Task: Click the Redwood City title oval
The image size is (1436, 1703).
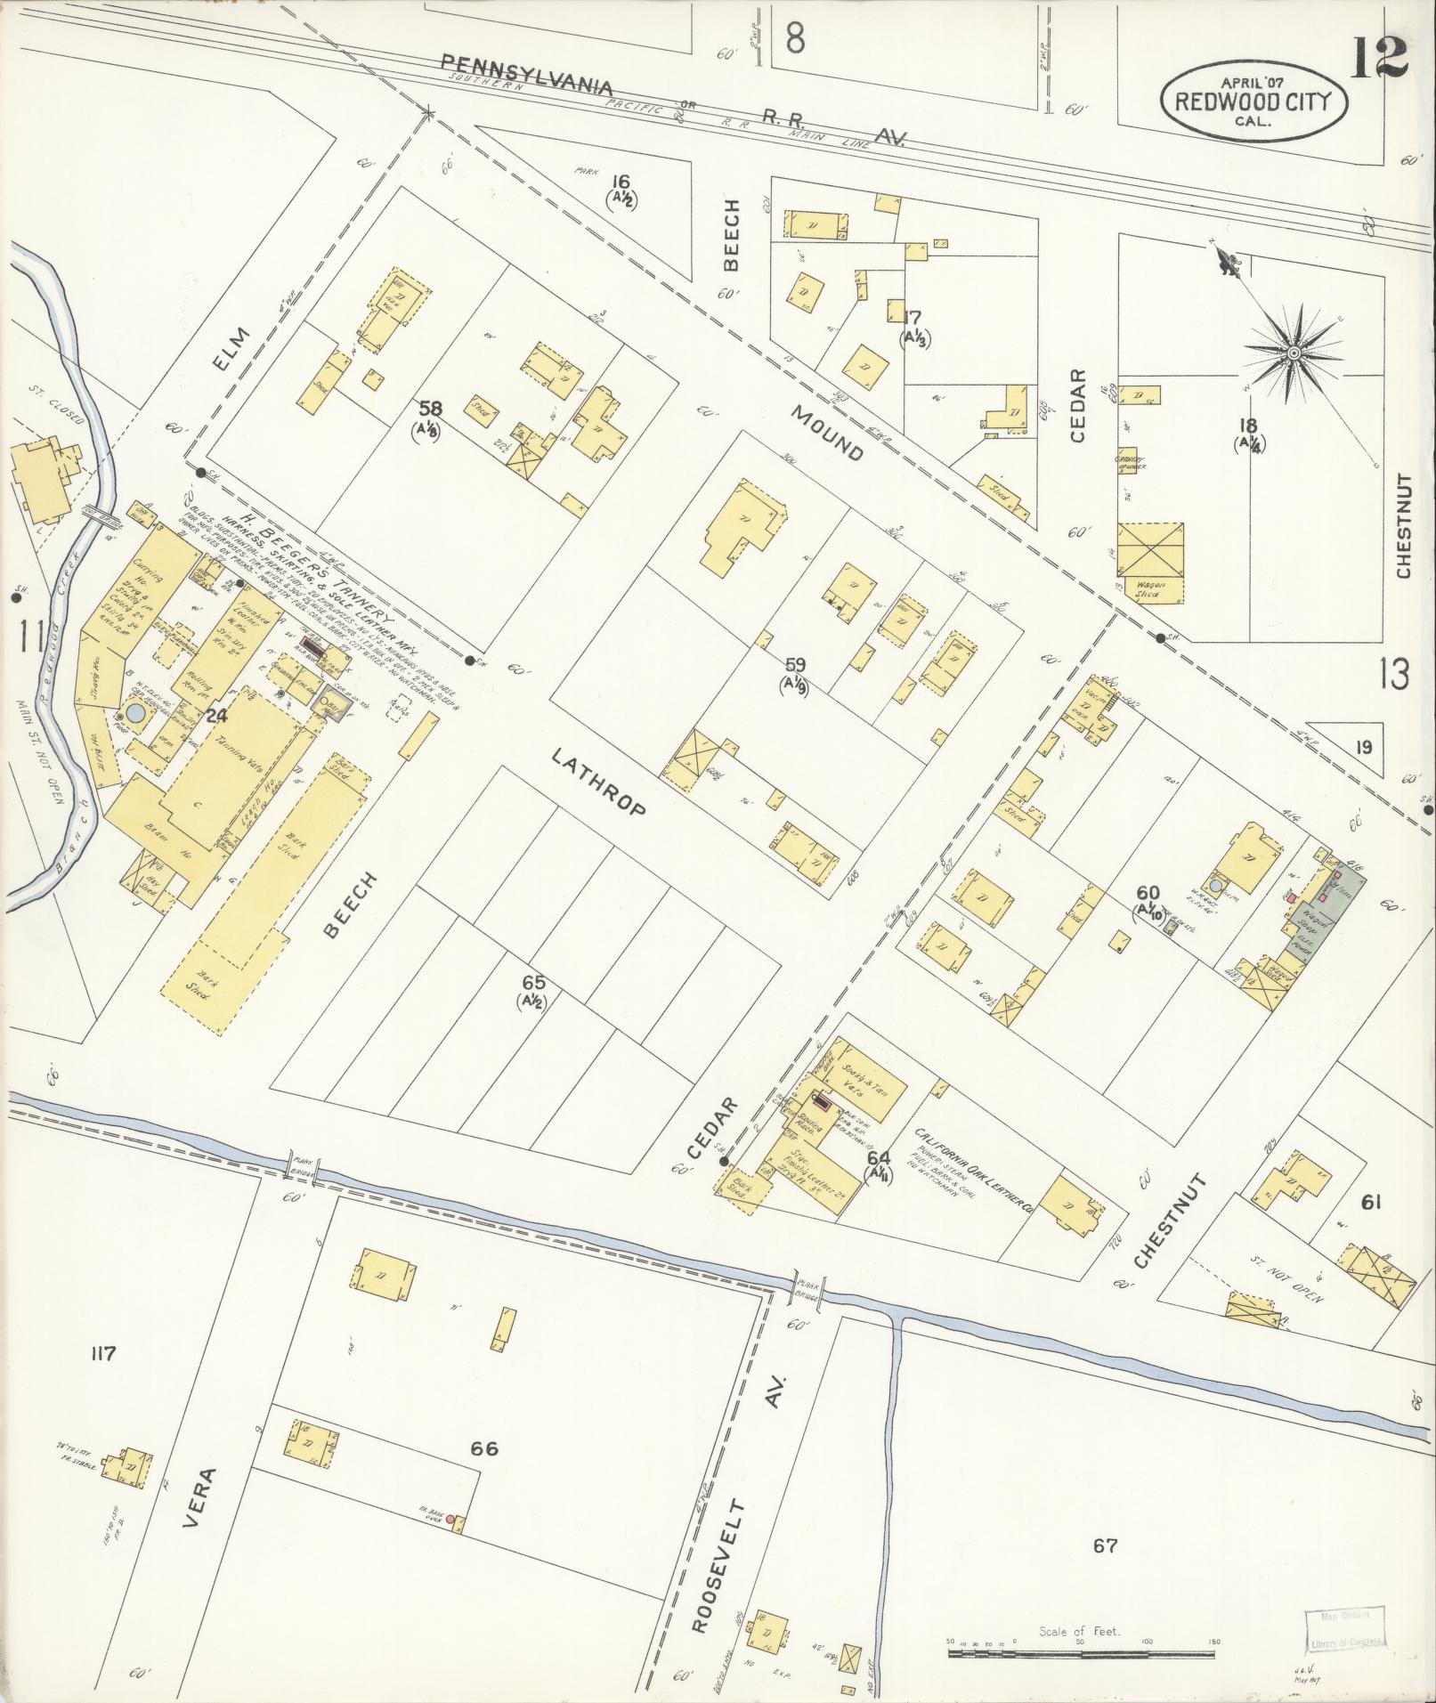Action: click(1253, 100)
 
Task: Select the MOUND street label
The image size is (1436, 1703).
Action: click(827, 434)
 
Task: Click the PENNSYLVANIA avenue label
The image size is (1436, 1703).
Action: click(528, 76)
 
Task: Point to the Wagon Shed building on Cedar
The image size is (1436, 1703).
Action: click(1150, 564)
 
